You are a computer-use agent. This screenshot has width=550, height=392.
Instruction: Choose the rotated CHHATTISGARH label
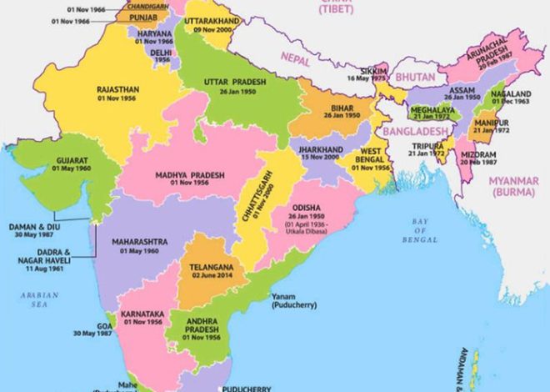pos(247,202)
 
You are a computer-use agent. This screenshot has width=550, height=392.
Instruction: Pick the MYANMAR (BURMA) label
pos(515,187)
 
